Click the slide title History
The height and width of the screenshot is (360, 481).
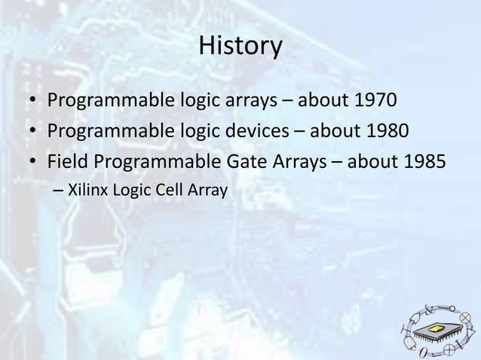click(x=240, y=47)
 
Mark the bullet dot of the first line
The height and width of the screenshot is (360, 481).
click(x=35, y=101)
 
